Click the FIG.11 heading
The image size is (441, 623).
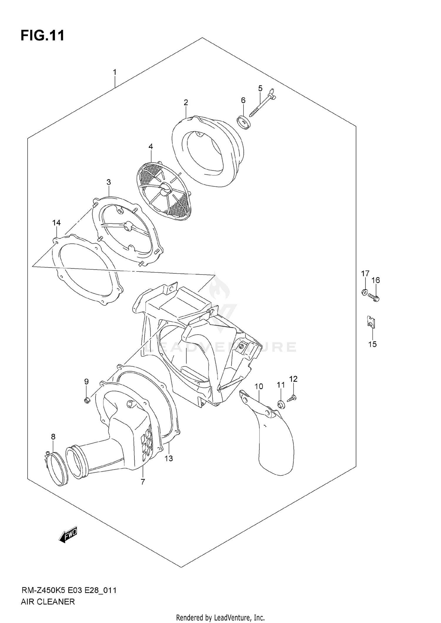(x=42, y=36)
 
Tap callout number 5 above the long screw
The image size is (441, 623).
(x=260, y=88)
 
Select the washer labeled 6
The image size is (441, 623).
(x=244, y=123)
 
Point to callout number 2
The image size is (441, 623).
(x=186, y=103)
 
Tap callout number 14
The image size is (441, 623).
(x=56, y=223)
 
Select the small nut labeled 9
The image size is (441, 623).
(x=87, y=400)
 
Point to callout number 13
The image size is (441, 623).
(x=169, y=458)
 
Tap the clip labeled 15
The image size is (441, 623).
(x=371, y=322)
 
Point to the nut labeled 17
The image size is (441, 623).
(x=364, y=292)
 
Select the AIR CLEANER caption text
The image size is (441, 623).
(x=48, y=602)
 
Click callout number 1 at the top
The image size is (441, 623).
(x=115, y=72)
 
